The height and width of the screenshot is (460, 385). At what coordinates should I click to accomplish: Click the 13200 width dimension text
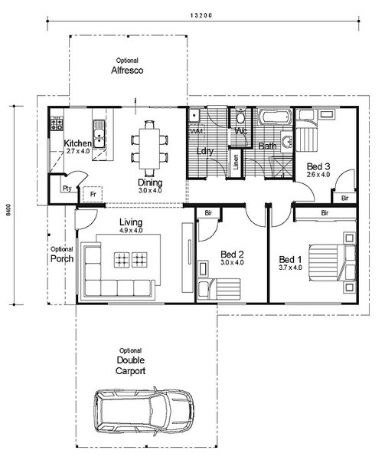[x=201, y=15]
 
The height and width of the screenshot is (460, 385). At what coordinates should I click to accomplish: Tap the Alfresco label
[x=127, y=71]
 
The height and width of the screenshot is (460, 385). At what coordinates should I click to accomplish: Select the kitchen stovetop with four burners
[x=57, y=123]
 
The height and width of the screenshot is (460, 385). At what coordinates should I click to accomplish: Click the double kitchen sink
[x=100, y=133]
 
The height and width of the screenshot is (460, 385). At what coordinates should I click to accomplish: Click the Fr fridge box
[x=93, y=194]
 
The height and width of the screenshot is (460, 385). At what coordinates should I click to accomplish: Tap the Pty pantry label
[x=67, y=189]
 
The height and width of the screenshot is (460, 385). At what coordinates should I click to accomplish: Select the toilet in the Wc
[x=240, y=117]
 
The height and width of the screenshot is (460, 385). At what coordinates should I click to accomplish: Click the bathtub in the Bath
[x=276, y=117]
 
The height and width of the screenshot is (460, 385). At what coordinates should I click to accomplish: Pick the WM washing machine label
[x=197, y=131]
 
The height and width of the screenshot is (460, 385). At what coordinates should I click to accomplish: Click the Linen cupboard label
[x=236, y=162]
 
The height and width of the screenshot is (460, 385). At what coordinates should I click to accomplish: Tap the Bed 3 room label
[x=318, y=166]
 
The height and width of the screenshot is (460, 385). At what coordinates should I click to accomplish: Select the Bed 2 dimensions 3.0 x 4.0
[x=232, y=262]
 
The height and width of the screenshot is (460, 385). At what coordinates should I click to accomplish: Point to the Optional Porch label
[x=62, y=255]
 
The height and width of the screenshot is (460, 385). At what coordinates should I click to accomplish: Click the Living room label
[x=131, y=222]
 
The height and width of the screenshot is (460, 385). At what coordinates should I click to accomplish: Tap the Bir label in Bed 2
[x=208, y=213]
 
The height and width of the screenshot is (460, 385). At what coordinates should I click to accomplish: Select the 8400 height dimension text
[x=8, y=210]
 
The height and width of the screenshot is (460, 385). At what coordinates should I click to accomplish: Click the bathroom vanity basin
[x=288, y=143]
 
